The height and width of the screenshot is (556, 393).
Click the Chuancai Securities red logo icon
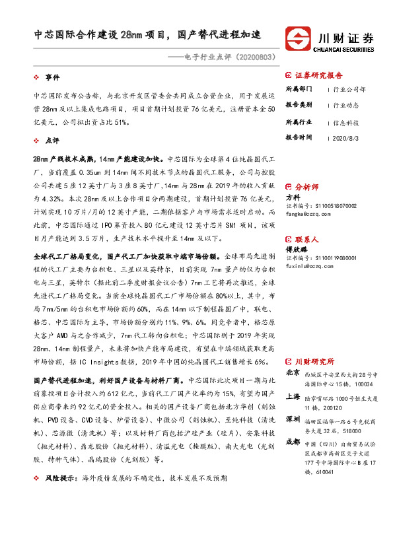click(x=297, y=38)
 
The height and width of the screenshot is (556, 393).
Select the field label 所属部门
click(x=299, y=88)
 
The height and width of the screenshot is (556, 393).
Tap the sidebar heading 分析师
click(x=306, y=188)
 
